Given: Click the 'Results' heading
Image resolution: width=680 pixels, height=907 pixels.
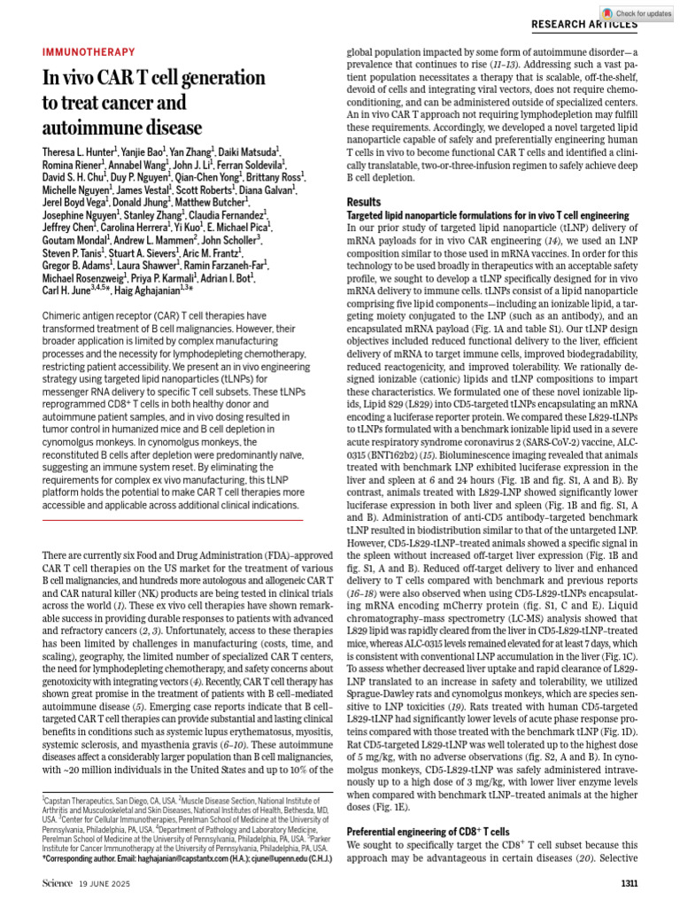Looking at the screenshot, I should click(x=364, y=202).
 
